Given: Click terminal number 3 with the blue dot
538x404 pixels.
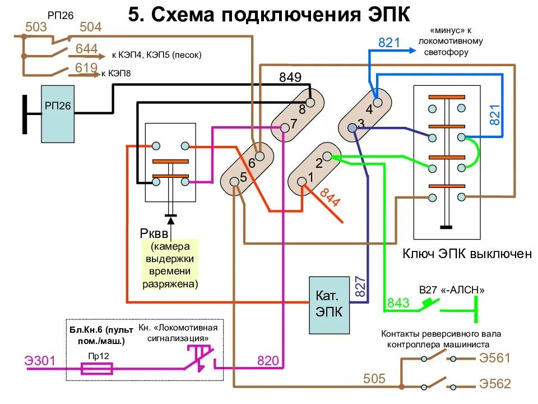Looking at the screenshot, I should coord(352,128).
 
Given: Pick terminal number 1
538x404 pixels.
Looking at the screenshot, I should coord(302,180).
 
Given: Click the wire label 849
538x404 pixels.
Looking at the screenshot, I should coord(290,77).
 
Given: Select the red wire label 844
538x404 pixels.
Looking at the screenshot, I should coord(330,197).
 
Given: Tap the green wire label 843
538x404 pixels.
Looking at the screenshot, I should coord(398,304).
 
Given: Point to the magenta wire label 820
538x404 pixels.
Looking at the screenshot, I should coord(268,361).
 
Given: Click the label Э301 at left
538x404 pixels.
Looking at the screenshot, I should coord(40,360).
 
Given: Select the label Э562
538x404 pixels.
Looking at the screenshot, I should coord(495,384).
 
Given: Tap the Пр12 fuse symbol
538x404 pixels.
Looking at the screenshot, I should coord(97,369).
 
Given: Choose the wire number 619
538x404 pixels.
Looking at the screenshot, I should coord(86,68).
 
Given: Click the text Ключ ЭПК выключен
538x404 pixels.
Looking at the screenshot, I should coord(467,254).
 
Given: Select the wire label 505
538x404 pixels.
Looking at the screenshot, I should coord(374,379).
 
